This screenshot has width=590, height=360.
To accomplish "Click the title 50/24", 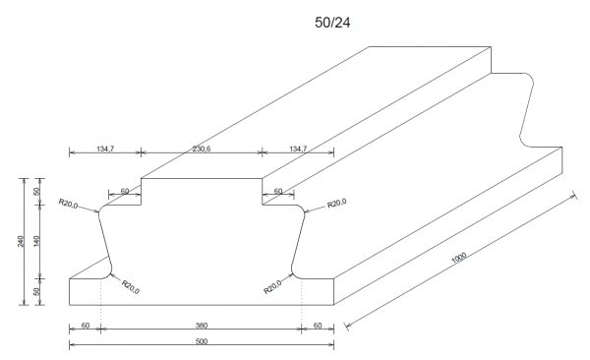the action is coord(332,23).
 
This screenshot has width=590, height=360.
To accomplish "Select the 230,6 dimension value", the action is coord(202,149).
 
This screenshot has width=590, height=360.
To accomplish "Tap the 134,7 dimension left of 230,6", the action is coord(105,149).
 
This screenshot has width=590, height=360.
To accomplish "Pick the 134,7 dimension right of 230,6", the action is coord(298,149).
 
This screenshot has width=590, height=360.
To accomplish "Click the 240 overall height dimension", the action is coord(21,241).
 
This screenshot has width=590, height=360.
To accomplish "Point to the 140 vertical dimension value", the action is coord(36,241).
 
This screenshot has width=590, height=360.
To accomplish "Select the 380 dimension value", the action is coord(202,326).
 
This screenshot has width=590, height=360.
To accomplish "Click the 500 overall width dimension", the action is coord(202,341).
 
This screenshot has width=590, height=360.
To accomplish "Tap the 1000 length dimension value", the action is coord(458,258).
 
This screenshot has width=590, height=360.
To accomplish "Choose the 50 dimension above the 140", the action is coord(36,191).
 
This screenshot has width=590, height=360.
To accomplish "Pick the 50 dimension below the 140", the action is coord(36,291).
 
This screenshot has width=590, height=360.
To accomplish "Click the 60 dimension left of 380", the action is coord(86,326).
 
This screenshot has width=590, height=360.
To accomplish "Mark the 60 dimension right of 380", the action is coord(318,326).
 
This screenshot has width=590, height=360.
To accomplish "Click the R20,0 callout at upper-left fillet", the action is coord(68,204).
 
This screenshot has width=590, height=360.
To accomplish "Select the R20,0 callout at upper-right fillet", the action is coord(336,204).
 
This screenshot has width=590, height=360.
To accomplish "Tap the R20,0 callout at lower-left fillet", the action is coord(130,287).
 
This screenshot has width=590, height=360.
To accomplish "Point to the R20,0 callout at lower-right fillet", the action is coord(272,287).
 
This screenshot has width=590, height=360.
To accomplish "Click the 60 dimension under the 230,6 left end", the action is coord(125,191).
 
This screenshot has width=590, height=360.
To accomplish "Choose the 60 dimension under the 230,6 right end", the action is coord(278,191).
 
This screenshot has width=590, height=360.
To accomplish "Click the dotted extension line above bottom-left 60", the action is coord(101,304).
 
